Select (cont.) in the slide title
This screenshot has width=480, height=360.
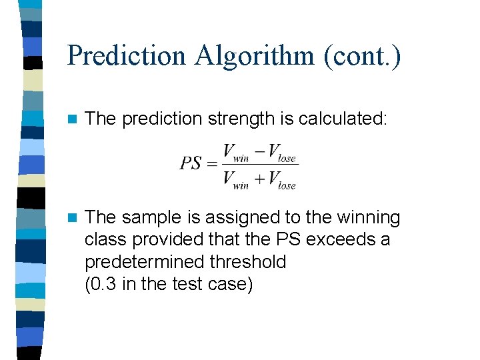(362, 55)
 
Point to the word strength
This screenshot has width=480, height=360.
(238, 119)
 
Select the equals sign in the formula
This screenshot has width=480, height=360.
(212, 164)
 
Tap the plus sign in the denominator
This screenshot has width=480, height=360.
(259, 178)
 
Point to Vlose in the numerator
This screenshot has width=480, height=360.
(281, 154)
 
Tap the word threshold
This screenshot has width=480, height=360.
(247, 261)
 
